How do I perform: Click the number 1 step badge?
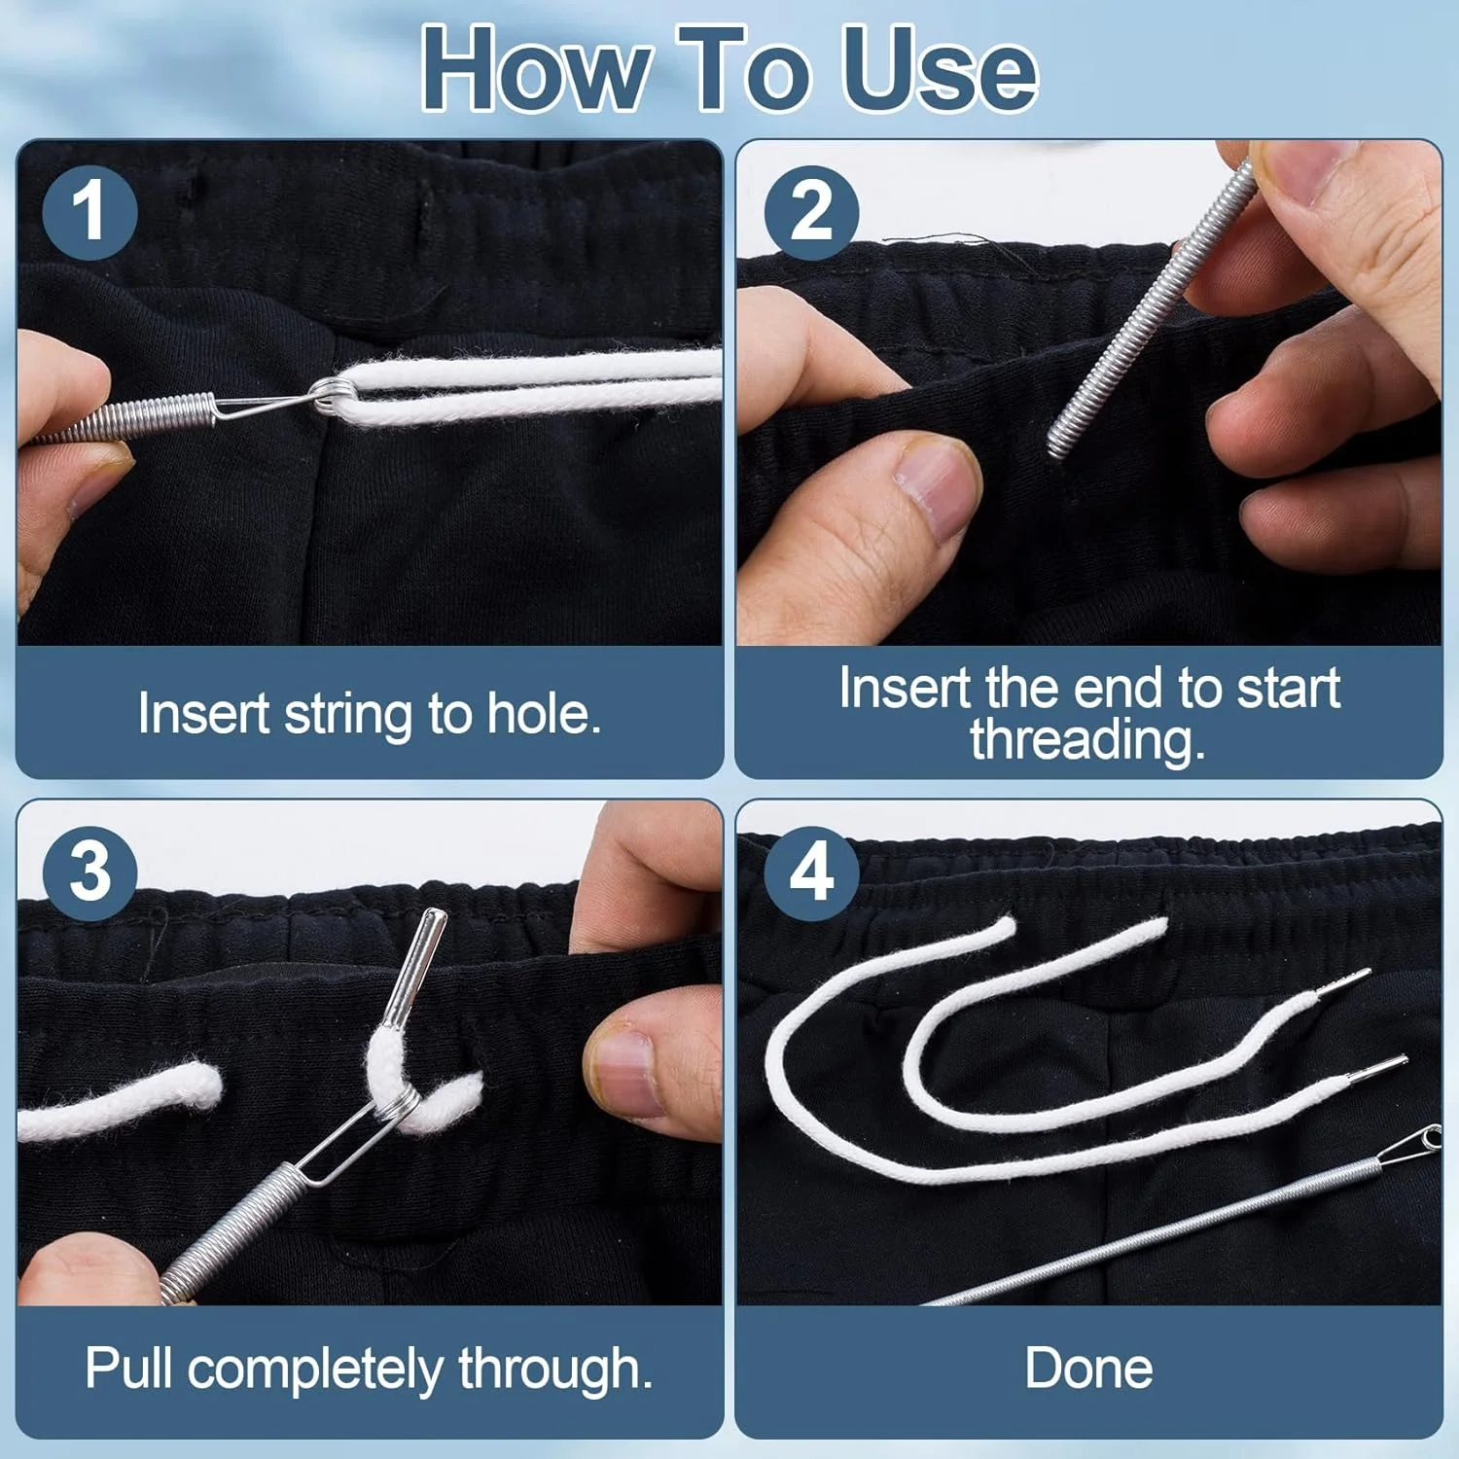pyautogui.click(x=89, y=211)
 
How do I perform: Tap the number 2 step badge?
pyautogui.click(x=811, y=211)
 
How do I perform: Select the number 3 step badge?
pyautogui.click(x=89, y=872)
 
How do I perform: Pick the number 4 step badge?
pyautogui.click(x=811, y=872)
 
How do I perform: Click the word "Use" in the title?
pyautogui.click(x=940, y=69)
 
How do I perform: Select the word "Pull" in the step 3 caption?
pyautogui.click(x=131, y=1368)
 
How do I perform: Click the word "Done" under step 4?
pyautogui.click(x=1088, y=1368)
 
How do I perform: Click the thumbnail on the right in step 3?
pyautogui.click(x=623, y=1070)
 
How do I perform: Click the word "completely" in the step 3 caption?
pyautogui.click(x=317, y=1370)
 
